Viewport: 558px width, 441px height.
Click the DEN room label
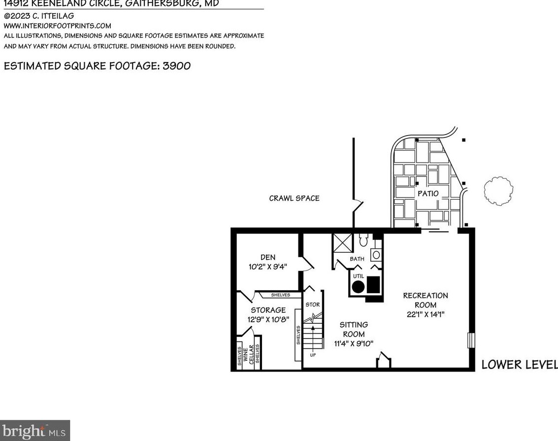(x=268, y=257)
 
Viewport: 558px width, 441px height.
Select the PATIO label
(x=427, y=194)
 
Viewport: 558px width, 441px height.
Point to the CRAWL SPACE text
(x=294, y=198)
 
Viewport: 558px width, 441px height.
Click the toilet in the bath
(x=364, y=240)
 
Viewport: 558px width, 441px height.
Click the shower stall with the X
(x=343, y=243)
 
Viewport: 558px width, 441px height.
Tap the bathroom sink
(x=375, y=255)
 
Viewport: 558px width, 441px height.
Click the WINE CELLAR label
(x=248, y=354)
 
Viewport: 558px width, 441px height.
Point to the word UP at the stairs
(x=313, y=355)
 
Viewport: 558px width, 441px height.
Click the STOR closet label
(x=313, y=305)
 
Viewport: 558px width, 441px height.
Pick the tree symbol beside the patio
(x=498, y=191)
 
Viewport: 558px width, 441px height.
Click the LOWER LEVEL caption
(x=519, y=365)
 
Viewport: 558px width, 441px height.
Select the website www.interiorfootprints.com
(x=58, y=26)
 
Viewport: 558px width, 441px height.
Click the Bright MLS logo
(x=35, y=431)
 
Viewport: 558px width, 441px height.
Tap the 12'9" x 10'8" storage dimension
(x=268, y=319)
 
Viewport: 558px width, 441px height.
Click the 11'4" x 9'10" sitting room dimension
(x=354, y=343)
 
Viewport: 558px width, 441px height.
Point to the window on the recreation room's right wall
(x=470, y=340)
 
